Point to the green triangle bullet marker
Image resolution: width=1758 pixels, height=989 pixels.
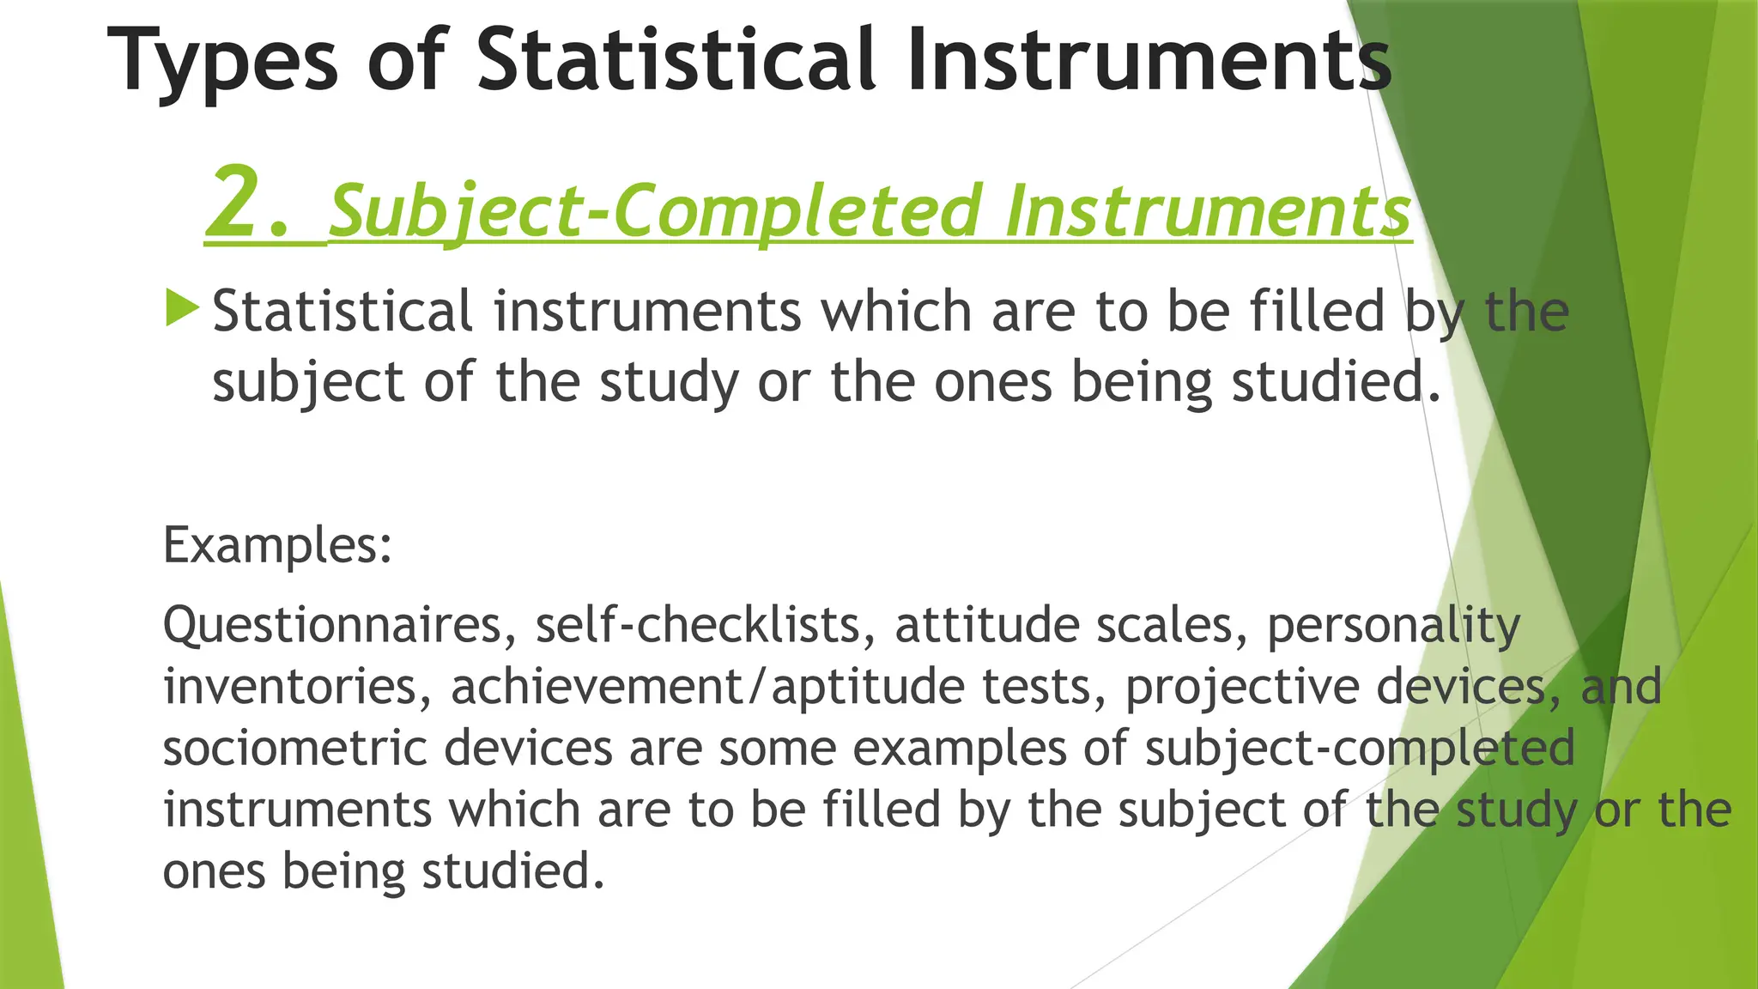[x=182, y=307]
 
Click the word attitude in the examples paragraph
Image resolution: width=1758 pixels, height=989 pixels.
[x=987, y=625]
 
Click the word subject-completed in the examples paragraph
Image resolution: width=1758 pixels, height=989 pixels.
[x=1360, y=749]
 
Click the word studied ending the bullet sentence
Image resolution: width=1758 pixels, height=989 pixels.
[x=1336, y=382]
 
